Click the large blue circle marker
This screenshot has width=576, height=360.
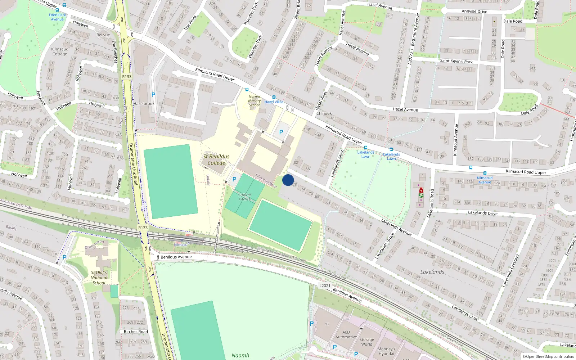tap(288, 180)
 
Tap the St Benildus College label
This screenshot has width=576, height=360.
tap(216, 159)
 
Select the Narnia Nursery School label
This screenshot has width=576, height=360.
tap(254, 101)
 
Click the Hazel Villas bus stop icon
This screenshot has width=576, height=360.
tap(274, 97)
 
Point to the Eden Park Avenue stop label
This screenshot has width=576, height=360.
tap(57, 17)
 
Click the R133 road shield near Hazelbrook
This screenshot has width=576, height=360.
tap(127, 77)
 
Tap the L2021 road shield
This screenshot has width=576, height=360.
tap(325, 285)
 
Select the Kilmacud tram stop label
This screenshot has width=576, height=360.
tap(181, 245)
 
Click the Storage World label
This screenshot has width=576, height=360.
tap(366, 342)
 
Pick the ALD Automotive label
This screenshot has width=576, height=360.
tap(346, 334)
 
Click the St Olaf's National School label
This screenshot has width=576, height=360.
tap(99, 278)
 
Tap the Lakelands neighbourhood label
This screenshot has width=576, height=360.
tap(432, 272)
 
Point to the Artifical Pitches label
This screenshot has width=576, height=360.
tap(244, 197)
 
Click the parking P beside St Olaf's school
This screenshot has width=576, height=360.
tap(64, 257)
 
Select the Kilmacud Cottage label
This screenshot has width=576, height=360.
tap(60, 51)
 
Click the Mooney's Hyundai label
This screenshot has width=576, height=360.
tap(386, 351)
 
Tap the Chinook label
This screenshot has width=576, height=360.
tap(324, 113)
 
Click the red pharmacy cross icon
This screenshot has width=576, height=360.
tap(421, 190)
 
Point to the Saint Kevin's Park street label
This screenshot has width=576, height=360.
tap(456, 61)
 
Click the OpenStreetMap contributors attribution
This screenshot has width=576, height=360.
tap(548, 356)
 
